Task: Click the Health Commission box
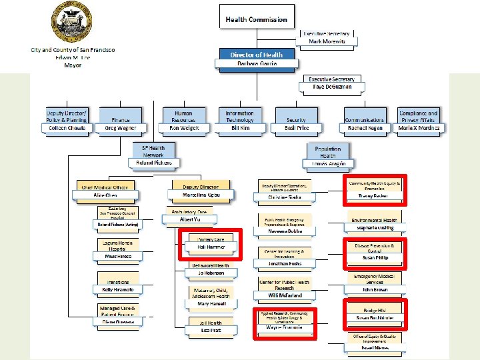click(256, 20)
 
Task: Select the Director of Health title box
click(256, 55)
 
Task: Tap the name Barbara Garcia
click(256, 64)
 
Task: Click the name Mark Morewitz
click(327, 42)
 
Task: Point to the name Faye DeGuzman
click(331, 87)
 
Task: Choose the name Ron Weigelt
click(183, 128)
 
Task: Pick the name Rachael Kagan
click(365, 128)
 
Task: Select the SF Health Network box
click(153, 151)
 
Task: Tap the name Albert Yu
click(190, 219)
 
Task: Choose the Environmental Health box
click(375, 220)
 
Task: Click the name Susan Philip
click(375, 257)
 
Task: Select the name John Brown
click(375, 290)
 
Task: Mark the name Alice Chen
click(105, 195)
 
